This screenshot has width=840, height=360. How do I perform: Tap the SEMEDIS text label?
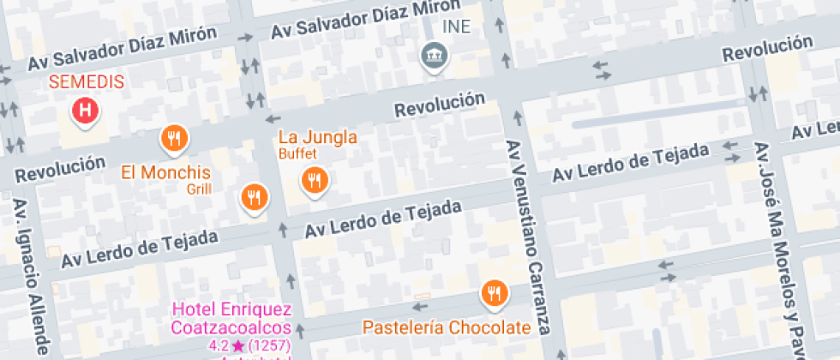(86, 83)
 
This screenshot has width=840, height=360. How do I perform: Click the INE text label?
(456, 26)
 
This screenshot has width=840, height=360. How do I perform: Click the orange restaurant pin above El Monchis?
(174, 137)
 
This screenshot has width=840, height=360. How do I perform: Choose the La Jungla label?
(318, 137)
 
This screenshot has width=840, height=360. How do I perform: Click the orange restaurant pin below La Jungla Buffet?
(313, 179)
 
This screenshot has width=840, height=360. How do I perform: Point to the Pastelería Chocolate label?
(447, 327)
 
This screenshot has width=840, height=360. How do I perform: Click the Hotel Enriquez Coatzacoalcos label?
(231, 318)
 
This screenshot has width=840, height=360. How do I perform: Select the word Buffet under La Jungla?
(297, 154)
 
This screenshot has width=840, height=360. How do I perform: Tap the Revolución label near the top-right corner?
(766, 47)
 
